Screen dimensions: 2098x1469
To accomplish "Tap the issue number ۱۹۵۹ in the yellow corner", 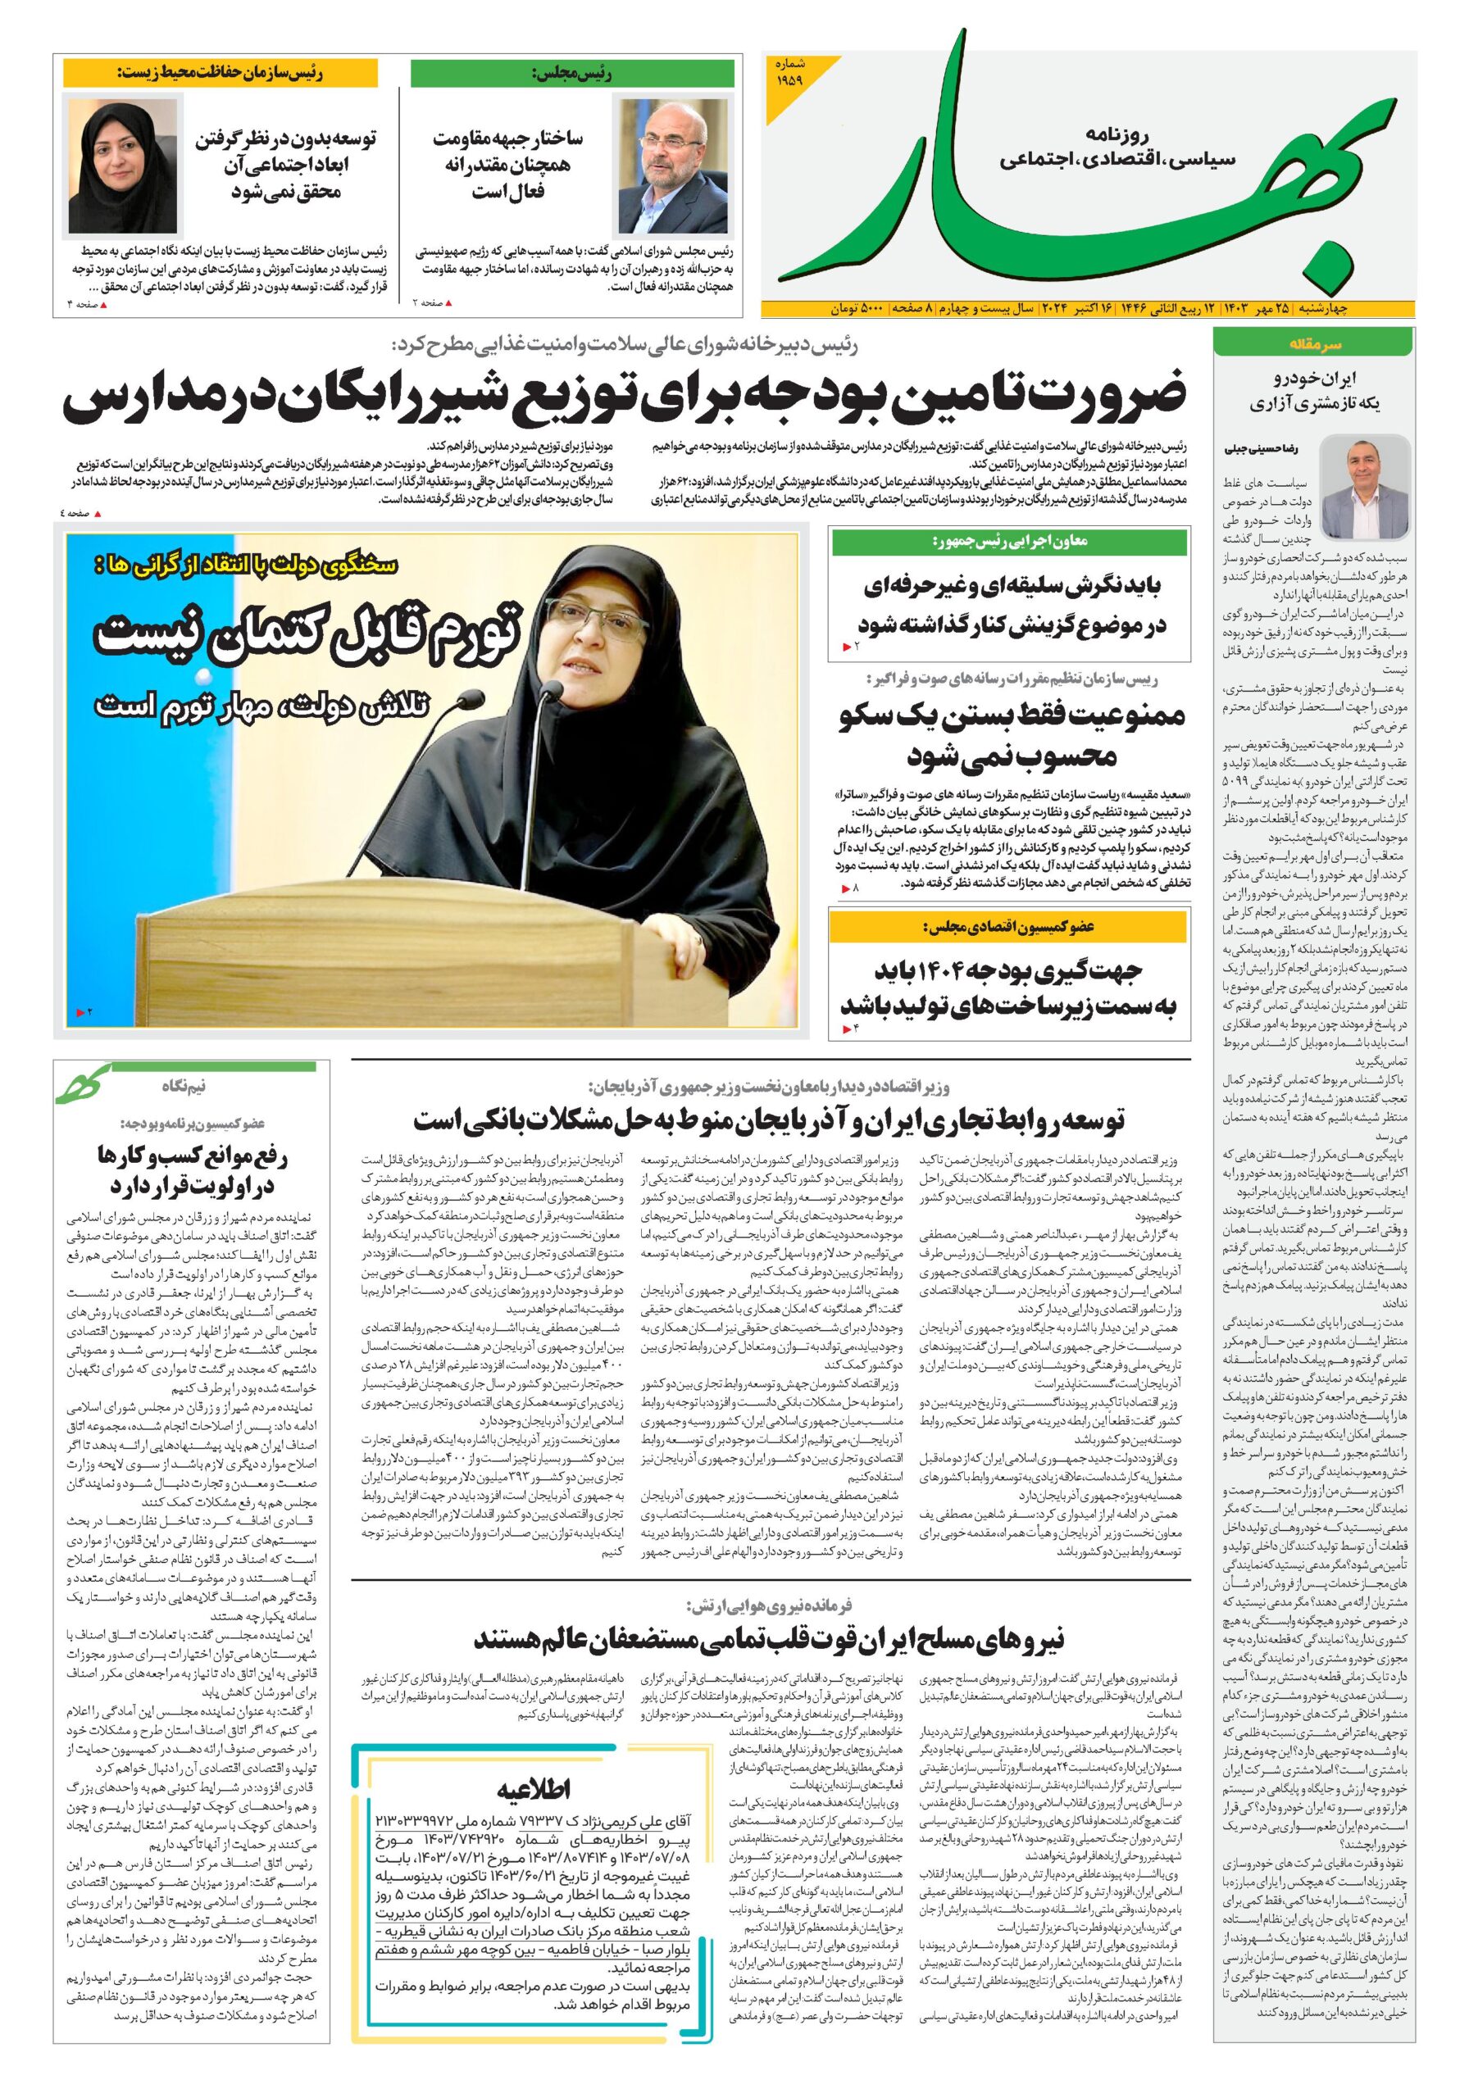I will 789,75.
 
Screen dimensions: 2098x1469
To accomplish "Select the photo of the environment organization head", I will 122,166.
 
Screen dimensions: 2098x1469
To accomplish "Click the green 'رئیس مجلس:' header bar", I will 571,73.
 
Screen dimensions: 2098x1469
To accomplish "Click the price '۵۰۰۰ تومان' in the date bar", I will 856,309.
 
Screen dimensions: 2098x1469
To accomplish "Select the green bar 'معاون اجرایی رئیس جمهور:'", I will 1009,542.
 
